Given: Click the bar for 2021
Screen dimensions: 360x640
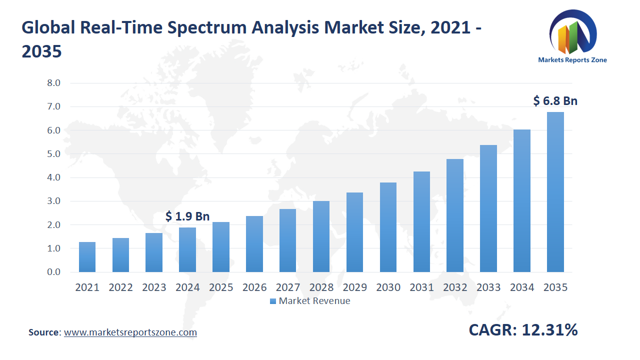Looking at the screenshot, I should tap(87, 257).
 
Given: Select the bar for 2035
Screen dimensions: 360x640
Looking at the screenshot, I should tap(555, 192).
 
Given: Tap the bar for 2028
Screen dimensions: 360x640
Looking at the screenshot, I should tap(321, 236).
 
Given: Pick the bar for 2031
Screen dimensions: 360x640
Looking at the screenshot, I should tap(421, 222).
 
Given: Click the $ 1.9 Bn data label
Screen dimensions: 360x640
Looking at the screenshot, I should tap(187, 216).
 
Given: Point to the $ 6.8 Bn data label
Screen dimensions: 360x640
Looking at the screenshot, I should tap(555, 101).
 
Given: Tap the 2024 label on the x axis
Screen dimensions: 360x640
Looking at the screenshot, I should tap(187, 287).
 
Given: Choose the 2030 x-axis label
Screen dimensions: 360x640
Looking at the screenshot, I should tap(388, 287).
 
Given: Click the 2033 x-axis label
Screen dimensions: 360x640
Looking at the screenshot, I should tap(488, 287).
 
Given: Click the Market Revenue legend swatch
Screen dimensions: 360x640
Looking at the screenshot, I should tap(272, 301).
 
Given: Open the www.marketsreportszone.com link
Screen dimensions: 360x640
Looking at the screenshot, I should tap(130, 332).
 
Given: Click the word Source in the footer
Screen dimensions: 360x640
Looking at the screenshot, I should tap(44, 332).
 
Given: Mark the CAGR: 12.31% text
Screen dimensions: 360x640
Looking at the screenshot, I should tap(523, 330).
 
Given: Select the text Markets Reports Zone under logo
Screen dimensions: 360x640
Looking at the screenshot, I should tap(572, 60).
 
